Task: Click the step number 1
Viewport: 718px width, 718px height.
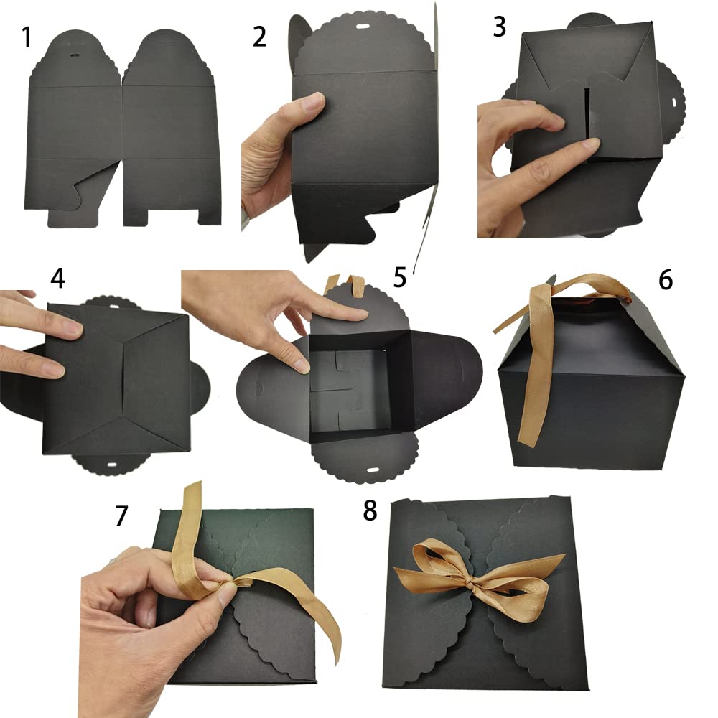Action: pyautogui.click(x=27, y=37)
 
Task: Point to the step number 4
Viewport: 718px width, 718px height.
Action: pyautogui.click(x=58, y=279)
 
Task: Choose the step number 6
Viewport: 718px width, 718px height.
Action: pyautogui.click(x=665, y=279)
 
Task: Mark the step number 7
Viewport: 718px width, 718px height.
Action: pyautogui.click(x=121, y=515)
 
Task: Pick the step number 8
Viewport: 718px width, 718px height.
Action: pyautogui.click(x=370, y=510)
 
